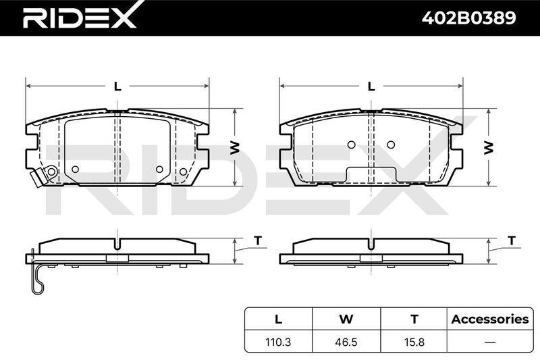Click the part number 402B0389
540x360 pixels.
468,18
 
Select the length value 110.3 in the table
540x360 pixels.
278,342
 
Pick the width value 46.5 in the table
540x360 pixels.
346,342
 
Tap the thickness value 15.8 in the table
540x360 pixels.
414,342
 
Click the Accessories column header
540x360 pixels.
490,319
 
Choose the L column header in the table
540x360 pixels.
278,319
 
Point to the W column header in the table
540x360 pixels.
346,319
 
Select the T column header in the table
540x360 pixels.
414,319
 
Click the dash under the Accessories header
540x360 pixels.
490,342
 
